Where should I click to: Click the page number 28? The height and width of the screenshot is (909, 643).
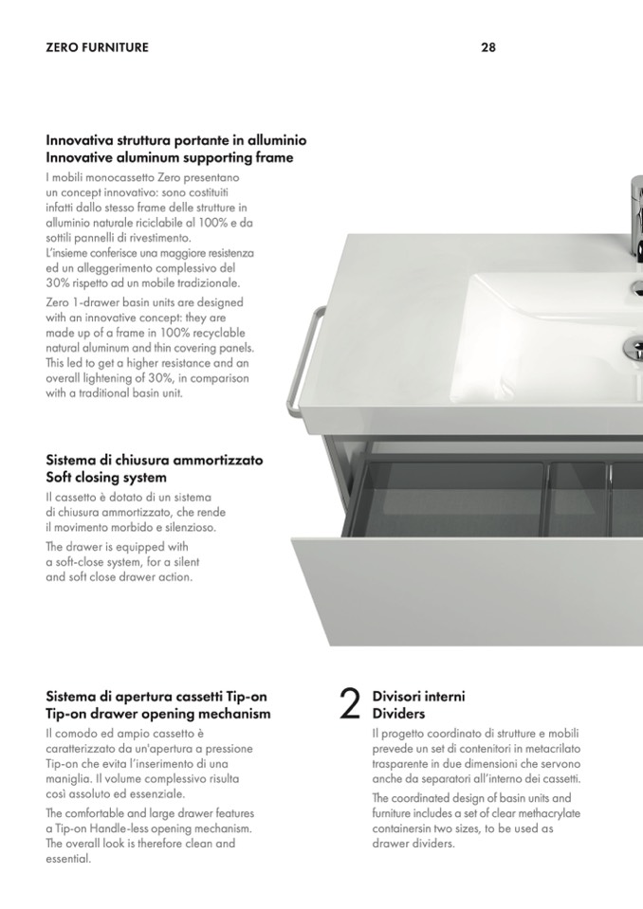[x=488, y=47]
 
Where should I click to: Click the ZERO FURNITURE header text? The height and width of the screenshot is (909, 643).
[x=97, y=47]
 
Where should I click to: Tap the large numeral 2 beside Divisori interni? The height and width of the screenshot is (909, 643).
[x=350, y=703]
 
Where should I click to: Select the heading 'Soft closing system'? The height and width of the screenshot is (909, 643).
[x=106, y=477]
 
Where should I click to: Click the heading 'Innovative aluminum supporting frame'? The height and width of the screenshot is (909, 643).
[x=170, y=157]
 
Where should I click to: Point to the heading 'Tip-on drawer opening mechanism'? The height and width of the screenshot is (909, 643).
[x=158, y=714]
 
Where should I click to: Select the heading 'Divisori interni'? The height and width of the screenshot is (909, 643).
[x=418, y=697]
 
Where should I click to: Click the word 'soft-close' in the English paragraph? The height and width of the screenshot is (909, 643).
[x=82, y=562]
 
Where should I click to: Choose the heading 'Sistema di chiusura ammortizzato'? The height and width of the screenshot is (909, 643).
[x=155, y=461]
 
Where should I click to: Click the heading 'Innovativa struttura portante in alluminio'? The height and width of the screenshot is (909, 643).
[x=176, y=140]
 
